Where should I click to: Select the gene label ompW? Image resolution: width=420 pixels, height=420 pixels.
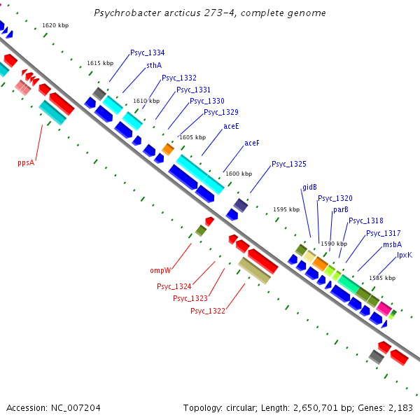click(161, 270)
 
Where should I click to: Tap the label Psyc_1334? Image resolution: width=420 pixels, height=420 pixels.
click(148, 53)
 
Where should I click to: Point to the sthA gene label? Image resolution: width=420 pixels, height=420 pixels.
click(154, 65)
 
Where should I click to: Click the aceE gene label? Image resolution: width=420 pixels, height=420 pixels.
click(231, 127)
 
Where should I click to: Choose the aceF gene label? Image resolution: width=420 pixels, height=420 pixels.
click(252, 143)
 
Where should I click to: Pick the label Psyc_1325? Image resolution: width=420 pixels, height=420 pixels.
click(289, 164)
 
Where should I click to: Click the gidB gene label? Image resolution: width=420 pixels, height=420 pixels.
click(309, 188)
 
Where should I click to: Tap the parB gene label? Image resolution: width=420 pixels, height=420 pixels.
click(341, 209)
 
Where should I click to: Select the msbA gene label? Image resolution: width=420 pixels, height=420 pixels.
click(392, 245)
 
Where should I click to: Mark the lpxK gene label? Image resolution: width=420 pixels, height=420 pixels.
click(405, 255)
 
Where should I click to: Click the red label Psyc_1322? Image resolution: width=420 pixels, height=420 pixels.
click(208, 311)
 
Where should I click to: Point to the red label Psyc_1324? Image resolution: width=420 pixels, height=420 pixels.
click(174, 286)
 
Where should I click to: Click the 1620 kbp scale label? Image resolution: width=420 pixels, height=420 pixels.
click(55, 25)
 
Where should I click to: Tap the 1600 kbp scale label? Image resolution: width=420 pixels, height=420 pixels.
click(239, 174)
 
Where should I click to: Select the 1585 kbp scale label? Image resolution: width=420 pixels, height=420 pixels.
click(382, 278)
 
